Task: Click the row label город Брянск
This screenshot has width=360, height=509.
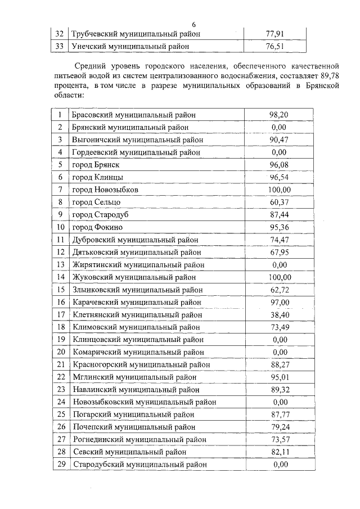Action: pyautogui.click(x=96, y=165)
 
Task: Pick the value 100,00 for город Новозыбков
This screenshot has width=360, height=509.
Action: pyautogui.click(x=279, y=190)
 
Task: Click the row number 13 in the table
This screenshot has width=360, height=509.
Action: pyautogui.click(x=60, y=264)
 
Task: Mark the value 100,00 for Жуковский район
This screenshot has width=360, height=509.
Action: pyautogui.click(x=279, y=277)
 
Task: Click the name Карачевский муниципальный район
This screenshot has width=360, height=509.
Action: pyautogui.click(x=137, y=302)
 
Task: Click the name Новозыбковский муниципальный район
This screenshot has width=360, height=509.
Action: pyautogui.click(x=144, y=402)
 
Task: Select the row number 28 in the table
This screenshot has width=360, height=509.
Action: pyautogui.click(x=60, y=452)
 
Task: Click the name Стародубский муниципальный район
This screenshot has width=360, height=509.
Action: pyautogui.click(x=139, y=465)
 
